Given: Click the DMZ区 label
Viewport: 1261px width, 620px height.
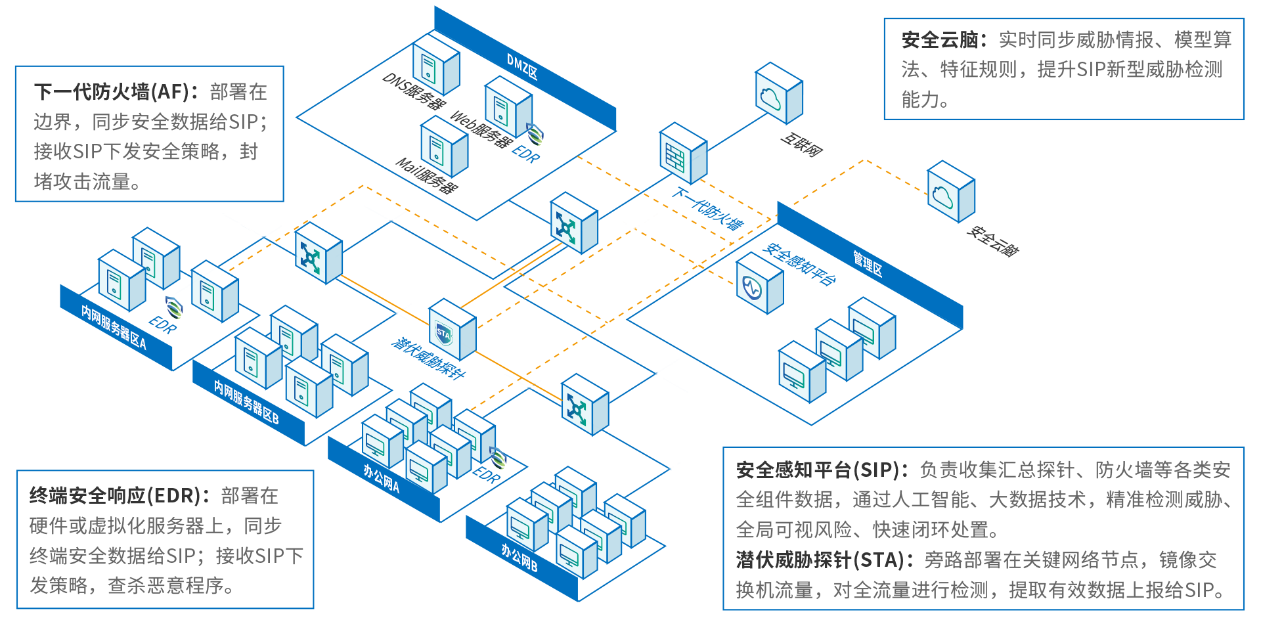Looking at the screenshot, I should click(522, 66).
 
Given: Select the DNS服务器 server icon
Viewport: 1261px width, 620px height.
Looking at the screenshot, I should click(435, 64).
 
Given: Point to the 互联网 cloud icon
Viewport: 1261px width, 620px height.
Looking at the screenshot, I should click(778, 94).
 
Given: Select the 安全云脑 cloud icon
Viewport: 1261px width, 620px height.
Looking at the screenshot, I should click(950, 192).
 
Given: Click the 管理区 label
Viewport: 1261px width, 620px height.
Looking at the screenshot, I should click(868, 263).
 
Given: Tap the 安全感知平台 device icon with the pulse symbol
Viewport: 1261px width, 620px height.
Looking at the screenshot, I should click(759, 284).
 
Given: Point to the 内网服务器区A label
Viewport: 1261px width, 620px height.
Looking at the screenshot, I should click(114, 327).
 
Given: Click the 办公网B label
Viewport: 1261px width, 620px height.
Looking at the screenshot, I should click(520, 558).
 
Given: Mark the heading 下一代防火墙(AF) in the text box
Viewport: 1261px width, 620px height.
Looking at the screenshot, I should click(111, 92).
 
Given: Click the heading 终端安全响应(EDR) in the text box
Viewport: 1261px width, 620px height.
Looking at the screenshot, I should click(114, 496).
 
